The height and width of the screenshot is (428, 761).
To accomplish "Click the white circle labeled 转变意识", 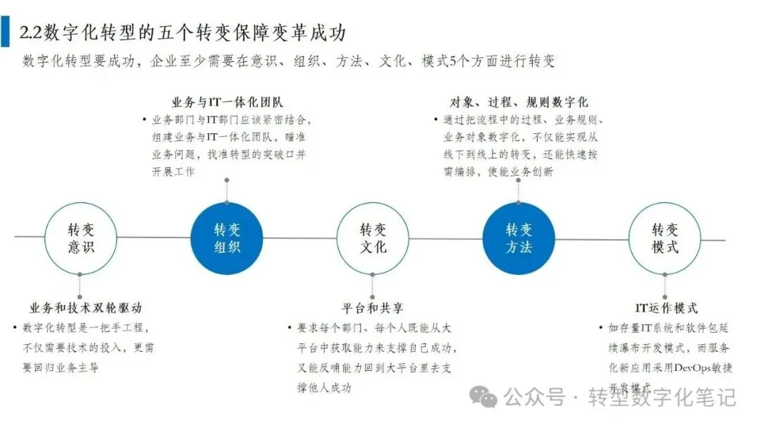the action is coord(80,238).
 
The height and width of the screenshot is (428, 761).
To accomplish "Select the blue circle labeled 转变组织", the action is coord(226,238).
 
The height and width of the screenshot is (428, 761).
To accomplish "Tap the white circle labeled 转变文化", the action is coord(373,238).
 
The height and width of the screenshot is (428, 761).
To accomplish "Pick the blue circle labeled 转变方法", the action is coord(519,238).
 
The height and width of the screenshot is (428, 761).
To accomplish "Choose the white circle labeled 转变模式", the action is coord(664,238).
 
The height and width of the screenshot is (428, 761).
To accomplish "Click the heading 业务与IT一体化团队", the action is coord(228,103).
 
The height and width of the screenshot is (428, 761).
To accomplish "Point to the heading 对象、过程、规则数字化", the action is coord(519,103).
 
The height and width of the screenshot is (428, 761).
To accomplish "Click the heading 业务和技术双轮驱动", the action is coord(86,308).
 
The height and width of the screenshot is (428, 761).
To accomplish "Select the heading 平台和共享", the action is coord(373,308).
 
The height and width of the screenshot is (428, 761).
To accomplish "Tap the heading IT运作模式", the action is coord(666,308).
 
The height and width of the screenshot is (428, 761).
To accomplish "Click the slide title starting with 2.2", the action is coord(182,32).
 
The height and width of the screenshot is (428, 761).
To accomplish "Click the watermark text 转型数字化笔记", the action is coord(662,398).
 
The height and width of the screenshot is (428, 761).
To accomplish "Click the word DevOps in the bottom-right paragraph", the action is coord(694,367).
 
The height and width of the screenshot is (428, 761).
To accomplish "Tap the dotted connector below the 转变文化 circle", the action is coord(373,288).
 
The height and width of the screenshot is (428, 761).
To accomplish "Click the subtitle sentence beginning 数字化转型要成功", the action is coord(289,61).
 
